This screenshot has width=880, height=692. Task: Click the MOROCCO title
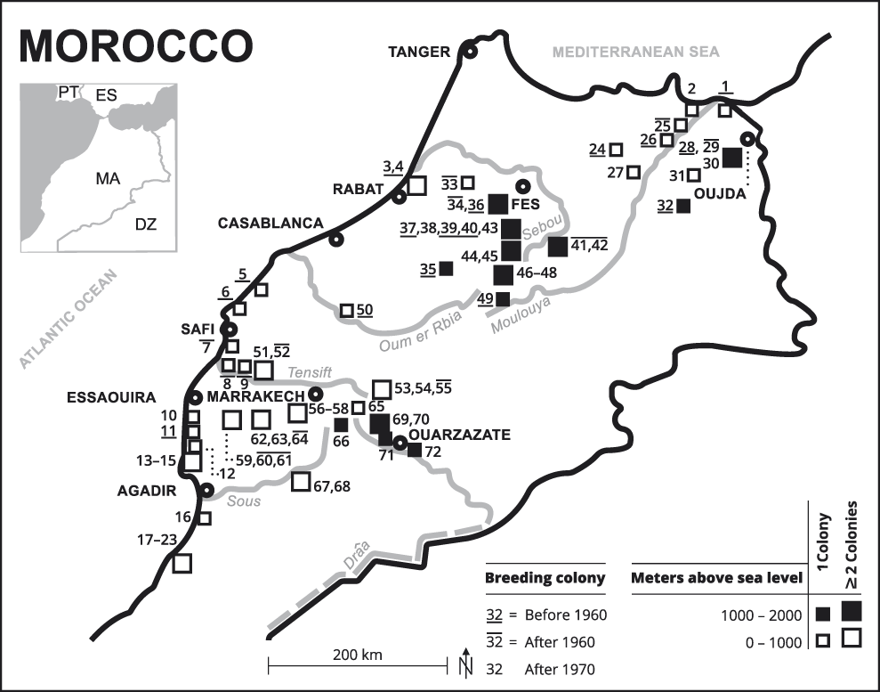click(x=136, y=45)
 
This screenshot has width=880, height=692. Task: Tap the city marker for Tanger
click(x=469, y=53)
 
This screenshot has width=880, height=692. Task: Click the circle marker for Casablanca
click(x=336, y=239)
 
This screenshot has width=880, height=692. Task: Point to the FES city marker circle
click(x=523, y=187)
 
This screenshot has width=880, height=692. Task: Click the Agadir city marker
click(x=206, y=489)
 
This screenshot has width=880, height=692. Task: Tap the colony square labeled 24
click(x=617, y=150)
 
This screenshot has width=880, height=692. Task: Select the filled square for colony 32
click(x=683, y=206)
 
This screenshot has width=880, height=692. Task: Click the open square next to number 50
click(x=347, y=311)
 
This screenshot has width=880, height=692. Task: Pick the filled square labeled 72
click(x=415, y=450)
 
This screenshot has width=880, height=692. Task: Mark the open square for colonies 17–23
click(x=182, y=563)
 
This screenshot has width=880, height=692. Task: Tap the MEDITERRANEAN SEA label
click(x=635, y=53)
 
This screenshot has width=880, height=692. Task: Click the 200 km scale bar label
click(x=358, y=655)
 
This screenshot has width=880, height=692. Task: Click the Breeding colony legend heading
click(x=545, y=578)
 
